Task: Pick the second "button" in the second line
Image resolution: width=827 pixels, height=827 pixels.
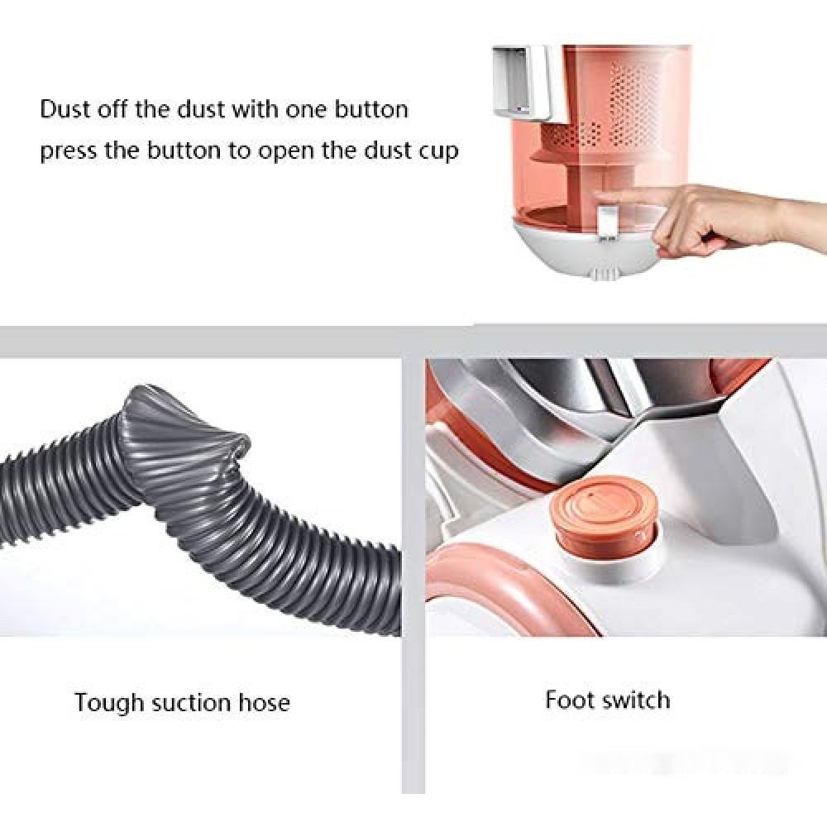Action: [x=184, y=151]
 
